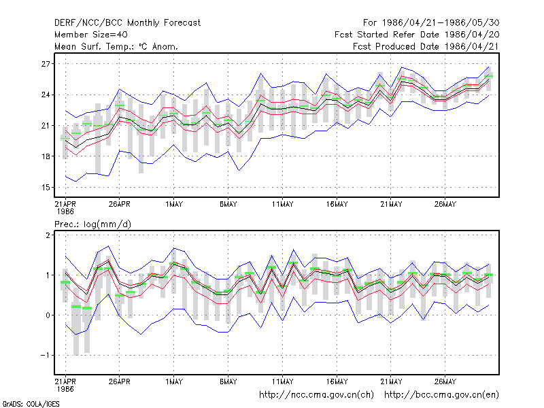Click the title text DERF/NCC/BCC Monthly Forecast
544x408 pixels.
coord(127,23)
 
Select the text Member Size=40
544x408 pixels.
coord(91,35)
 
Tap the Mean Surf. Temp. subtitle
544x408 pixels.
coord(116,46)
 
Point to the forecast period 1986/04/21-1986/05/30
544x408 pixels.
coord(431,23)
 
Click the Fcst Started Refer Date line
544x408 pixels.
coord(417,35)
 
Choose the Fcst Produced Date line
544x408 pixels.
coord(426,46)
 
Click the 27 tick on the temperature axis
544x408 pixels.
coord(46,64)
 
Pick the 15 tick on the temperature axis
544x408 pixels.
coord(46,188)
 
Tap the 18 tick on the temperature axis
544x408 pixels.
coord(46,156)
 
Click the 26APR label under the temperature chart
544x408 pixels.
coord(120,204)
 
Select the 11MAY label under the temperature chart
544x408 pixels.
coord(282,204)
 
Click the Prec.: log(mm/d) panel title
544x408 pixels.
coord(92,224)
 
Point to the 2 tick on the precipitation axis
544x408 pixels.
coord(48,235)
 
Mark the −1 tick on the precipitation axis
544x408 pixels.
coord(45,355)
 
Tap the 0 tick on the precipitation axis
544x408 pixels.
coord(48,316)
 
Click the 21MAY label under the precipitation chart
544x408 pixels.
coord(391,381)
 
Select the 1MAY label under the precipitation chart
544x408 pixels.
coord(174,381)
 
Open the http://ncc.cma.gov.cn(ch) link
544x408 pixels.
coord(316,395)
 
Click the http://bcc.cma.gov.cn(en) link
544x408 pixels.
coord(441,395)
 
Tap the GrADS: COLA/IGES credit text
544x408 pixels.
coord(31,404)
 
